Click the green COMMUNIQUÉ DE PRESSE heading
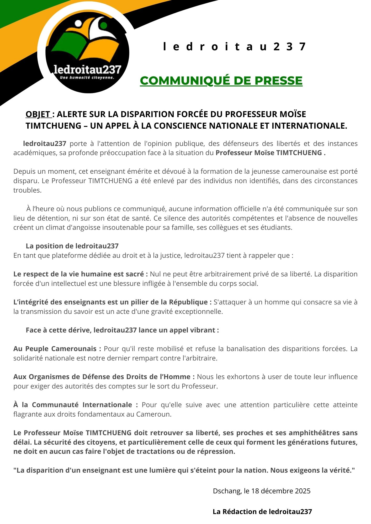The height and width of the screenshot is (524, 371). [221, 80]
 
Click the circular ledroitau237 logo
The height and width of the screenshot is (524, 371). [87, 52]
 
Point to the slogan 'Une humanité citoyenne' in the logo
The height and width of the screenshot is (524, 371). [87, 78]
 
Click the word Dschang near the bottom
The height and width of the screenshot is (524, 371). [227, 491]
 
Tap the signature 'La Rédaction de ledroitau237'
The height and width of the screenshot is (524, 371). [262, 512]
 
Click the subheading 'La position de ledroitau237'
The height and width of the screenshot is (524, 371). [72, 246]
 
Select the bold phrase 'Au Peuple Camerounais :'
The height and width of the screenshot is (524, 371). [57, 349]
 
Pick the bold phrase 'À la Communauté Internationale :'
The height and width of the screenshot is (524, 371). [76, 405]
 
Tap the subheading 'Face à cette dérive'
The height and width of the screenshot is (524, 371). [58, 330]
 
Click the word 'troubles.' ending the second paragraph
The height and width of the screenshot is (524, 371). [28, 190]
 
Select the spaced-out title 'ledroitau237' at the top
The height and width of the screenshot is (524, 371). [234, 47]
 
